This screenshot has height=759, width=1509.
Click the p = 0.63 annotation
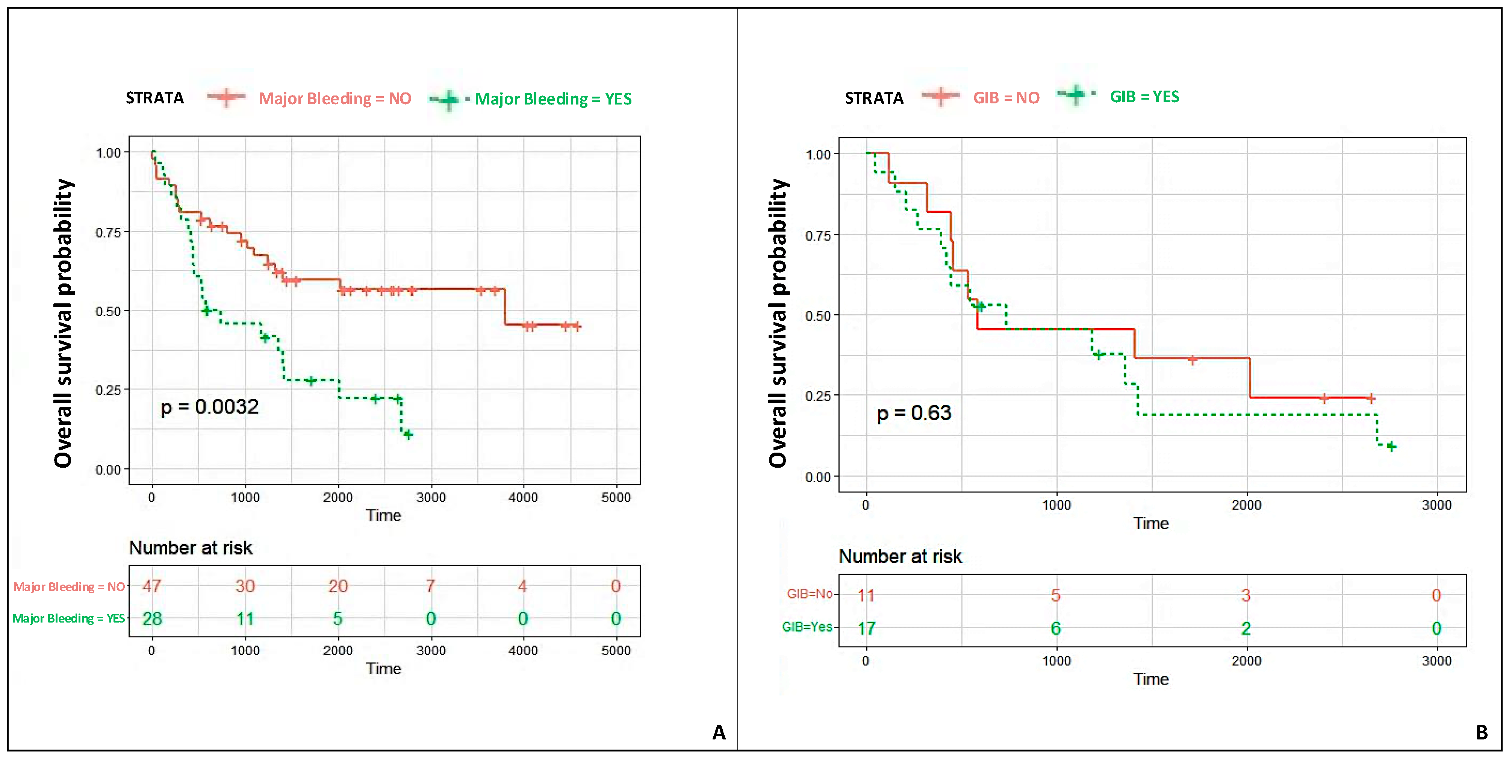tap(913, 413)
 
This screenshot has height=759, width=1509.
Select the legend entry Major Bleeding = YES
tap(552, 99)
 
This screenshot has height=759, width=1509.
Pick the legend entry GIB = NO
tap(1006, 98)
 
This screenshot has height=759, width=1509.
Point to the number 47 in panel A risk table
tap(152, 586)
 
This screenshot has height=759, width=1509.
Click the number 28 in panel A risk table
tap(152, 618)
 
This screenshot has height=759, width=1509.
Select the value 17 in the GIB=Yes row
tap(866, 628)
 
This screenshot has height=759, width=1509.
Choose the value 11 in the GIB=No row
tap(866, 595)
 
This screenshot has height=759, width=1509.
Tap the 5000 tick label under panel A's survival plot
tap(616, 498)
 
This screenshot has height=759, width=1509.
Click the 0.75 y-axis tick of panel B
tap(818, 236)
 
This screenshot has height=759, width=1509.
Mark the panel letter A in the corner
tap(719, 732)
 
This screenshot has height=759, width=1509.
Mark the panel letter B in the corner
tap(1482, 732)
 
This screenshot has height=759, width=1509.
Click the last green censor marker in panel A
tap(408, 434)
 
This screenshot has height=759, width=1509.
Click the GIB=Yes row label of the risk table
tap(807, 627)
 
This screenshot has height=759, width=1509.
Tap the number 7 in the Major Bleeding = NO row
tap(431, 586)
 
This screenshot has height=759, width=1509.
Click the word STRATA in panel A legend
tap(154, 98)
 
